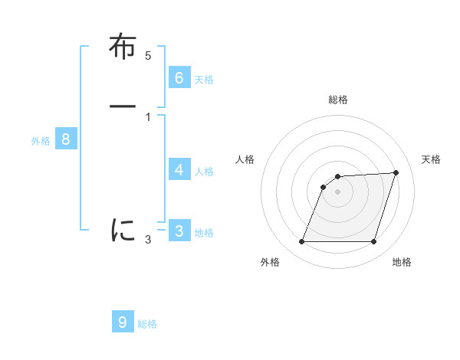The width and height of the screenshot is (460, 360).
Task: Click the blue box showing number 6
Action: (x=179, y=77)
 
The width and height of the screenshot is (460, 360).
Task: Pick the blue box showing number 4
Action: (x=179, y=169)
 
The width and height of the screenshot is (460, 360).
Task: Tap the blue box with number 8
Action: (x=66, y=139)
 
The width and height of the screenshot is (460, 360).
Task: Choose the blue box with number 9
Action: (x=123, y=322)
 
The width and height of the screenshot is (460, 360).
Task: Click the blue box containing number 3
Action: (x=179, y=231)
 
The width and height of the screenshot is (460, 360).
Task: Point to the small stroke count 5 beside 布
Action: (x=148, y=56)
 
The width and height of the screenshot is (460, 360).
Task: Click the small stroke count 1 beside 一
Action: (x=148, y=117)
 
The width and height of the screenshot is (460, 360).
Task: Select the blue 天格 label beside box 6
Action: (x=204, y=79)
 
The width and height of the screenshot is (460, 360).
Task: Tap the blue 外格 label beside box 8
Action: (x=41, y=141)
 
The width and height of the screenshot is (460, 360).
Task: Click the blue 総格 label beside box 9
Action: (x=147, y=324)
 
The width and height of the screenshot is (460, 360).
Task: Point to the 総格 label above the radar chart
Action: (x=338, y=100)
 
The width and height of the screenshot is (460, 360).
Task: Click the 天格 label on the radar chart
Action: (x=431, y=159)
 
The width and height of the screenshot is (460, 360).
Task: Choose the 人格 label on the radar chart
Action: (x=245, y=159)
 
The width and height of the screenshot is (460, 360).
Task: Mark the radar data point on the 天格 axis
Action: (x=396, y=172)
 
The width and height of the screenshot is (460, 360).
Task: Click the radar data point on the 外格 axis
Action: (x=301, y=242)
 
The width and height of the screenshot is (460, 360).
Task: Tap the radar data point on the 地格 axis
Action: (x=374, y=242)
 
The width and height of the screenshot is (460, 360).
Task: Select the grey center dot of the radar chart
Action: (x=337, y=191)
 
